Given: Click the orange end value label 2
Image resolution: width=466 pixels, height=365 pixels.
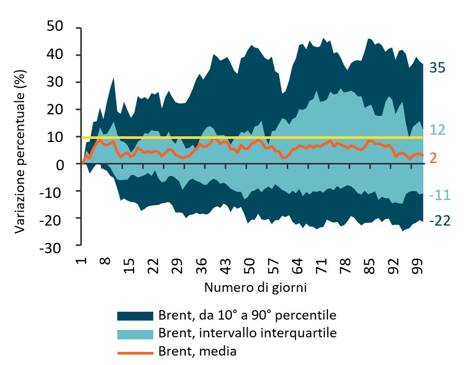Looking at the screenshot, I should coord(433,157).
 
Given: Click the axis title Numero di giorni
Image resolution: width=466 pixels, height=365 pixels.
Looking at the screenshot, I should coord(255,287).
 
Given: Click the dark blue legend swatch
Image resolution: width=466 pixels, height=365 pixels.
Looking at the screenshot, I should coord(135,316).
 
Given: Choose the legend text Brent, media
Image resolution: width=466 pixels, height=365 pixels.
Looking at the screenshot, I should coord(197,351).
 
